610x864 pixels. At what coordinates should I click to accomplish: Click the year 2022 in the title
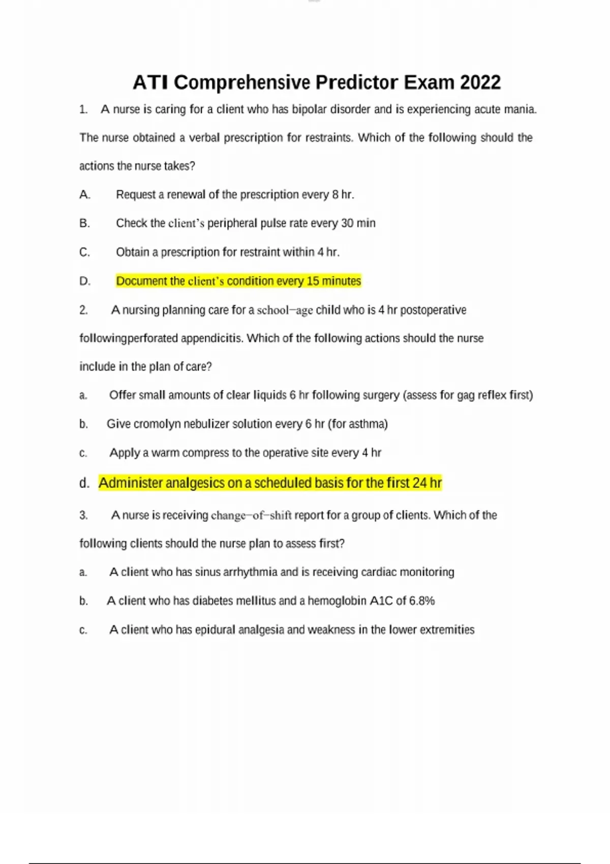tap(480, 82)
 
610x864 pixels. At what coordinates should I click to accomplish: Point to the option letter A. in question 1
tap(85, 195)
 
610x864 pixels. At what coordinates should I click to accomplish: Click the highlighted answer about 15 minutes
tap(238, 281)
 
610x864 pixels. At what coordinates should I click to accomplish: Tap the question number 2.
tap(83, 310)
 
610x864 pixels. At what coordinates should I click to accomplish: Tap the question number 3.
tap(83, 515)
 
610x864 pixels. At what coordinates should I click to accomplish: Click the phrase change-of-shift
tap(251, 515)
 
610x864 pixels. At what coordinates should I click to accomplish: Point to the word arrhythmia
tap(250, 572)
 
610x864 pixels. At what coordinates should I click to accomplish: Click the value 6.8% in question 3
tap(422, 601)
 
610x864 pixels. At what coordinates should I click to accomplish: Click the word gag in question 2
tap(465, 395)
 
